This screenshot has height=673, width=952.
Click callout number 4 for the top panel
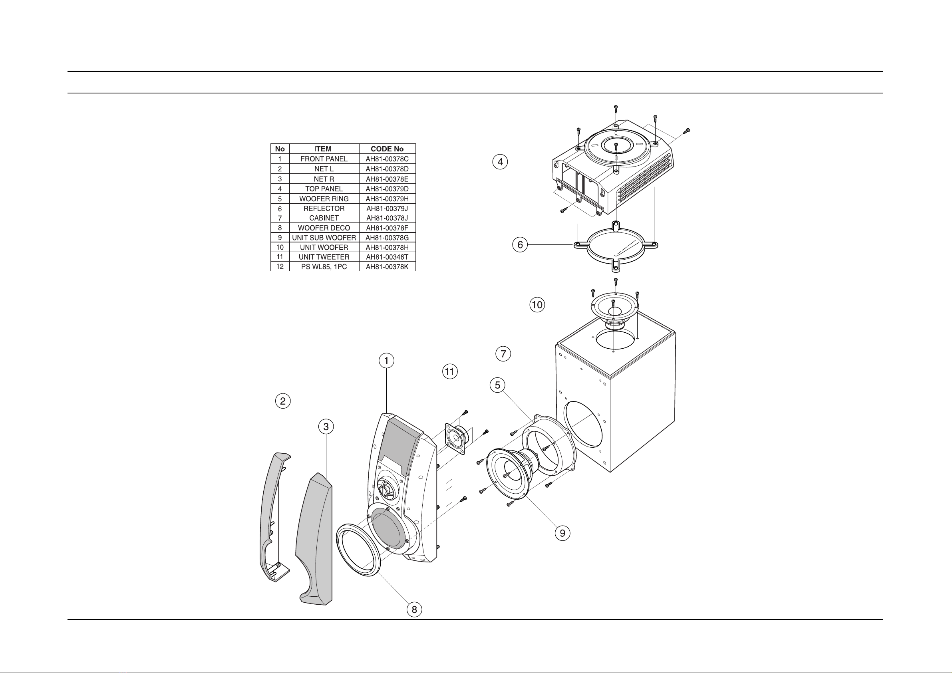pyautogui.click(x=501, y=162)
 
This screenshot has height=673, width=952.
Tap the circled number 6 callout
pyautogui.click(x=520, y=245)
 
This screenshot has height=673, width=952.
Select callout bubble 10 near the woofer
pyautogui.click(x=537, y=305)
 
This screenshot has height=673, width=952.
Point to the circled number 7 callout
pyautogui.click(x=503, y=354)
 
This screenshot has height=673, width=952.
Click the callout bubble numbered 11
pyautogui.click(x=450, y=371)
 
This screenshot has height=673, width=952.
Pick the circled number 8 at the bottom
pyautogui.click(x=414, y=609)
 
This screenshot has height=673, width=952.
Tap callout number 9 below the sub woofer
pyautogui.click(x=562, y=533)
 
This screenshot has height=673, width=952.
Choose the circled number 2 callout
pyautogui.click(x=283, y=401)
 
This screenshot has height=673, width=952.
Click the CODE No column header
pyautogui.click(x=387, y=149)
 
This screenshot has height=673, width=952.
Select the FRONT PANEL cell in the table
pyautogui.click(x=324, y=159)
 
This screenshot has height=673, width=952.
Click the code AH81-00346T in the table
pyautogui.click(x=387, y=257)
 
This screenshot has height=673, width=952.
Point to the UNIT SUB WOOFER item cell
pyautogui.click(x=324, y=238)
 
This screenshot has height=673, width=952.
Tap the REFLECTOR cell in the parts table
pyautogui.click(x=324, y=208)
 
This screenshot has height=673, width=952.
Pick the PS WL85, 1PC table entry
pyautogui.click(x=324, y=267)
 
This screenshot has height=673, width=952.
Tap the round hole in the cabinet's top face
pyautogui.click(x=615, y=340)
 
